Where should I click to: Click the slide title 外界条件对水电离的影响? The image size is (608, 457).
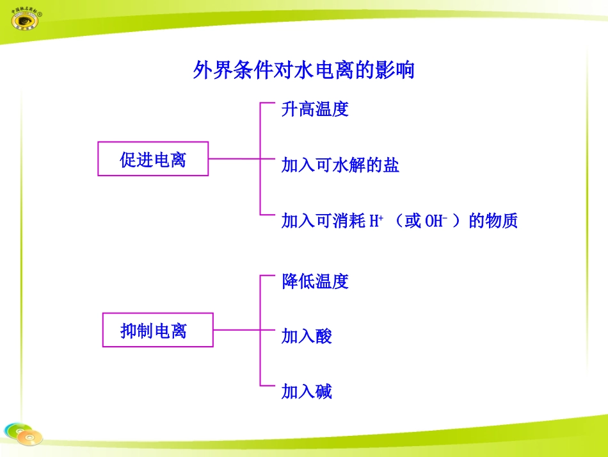pos(303,70)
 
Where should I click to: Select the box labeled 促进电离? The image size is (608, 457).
pos(153,159)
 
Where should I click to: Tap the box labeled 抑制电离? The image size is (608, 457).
pos(157,331)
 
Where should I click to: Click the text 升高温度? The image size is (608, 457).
pos(315,109)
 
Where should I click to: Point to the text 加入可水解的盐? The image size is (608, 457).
pos(340,165)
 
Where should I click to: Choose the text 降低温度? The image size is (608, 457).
pos(315,281)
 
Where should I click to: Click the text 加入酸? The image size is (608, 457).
pos(307,336)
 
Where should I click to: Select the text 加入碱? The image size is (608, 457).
pos(307,392)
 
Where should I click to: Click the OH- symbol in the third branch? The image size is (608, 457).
pos(435,221)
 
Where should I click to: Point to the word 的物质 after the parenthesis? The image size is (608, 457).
pos(493,221)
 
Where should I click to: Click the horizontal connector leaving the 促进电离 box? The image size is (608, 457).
pos(234,158)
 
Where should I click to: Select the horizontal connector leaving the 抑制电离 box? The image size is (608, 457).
pos(236,330)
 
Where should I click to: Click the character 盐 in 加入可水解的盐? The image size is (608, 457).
pos(391,165)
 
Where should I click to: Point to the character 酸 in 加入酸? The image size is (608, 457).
pos(323,336)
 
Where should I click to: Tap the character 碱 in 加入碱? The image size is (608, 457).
pos(323,392)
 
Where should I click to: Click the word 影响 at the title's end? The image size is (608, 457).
pos(397,70)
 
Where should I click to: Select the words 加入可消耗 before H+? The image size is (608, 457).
pos(323,221)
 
